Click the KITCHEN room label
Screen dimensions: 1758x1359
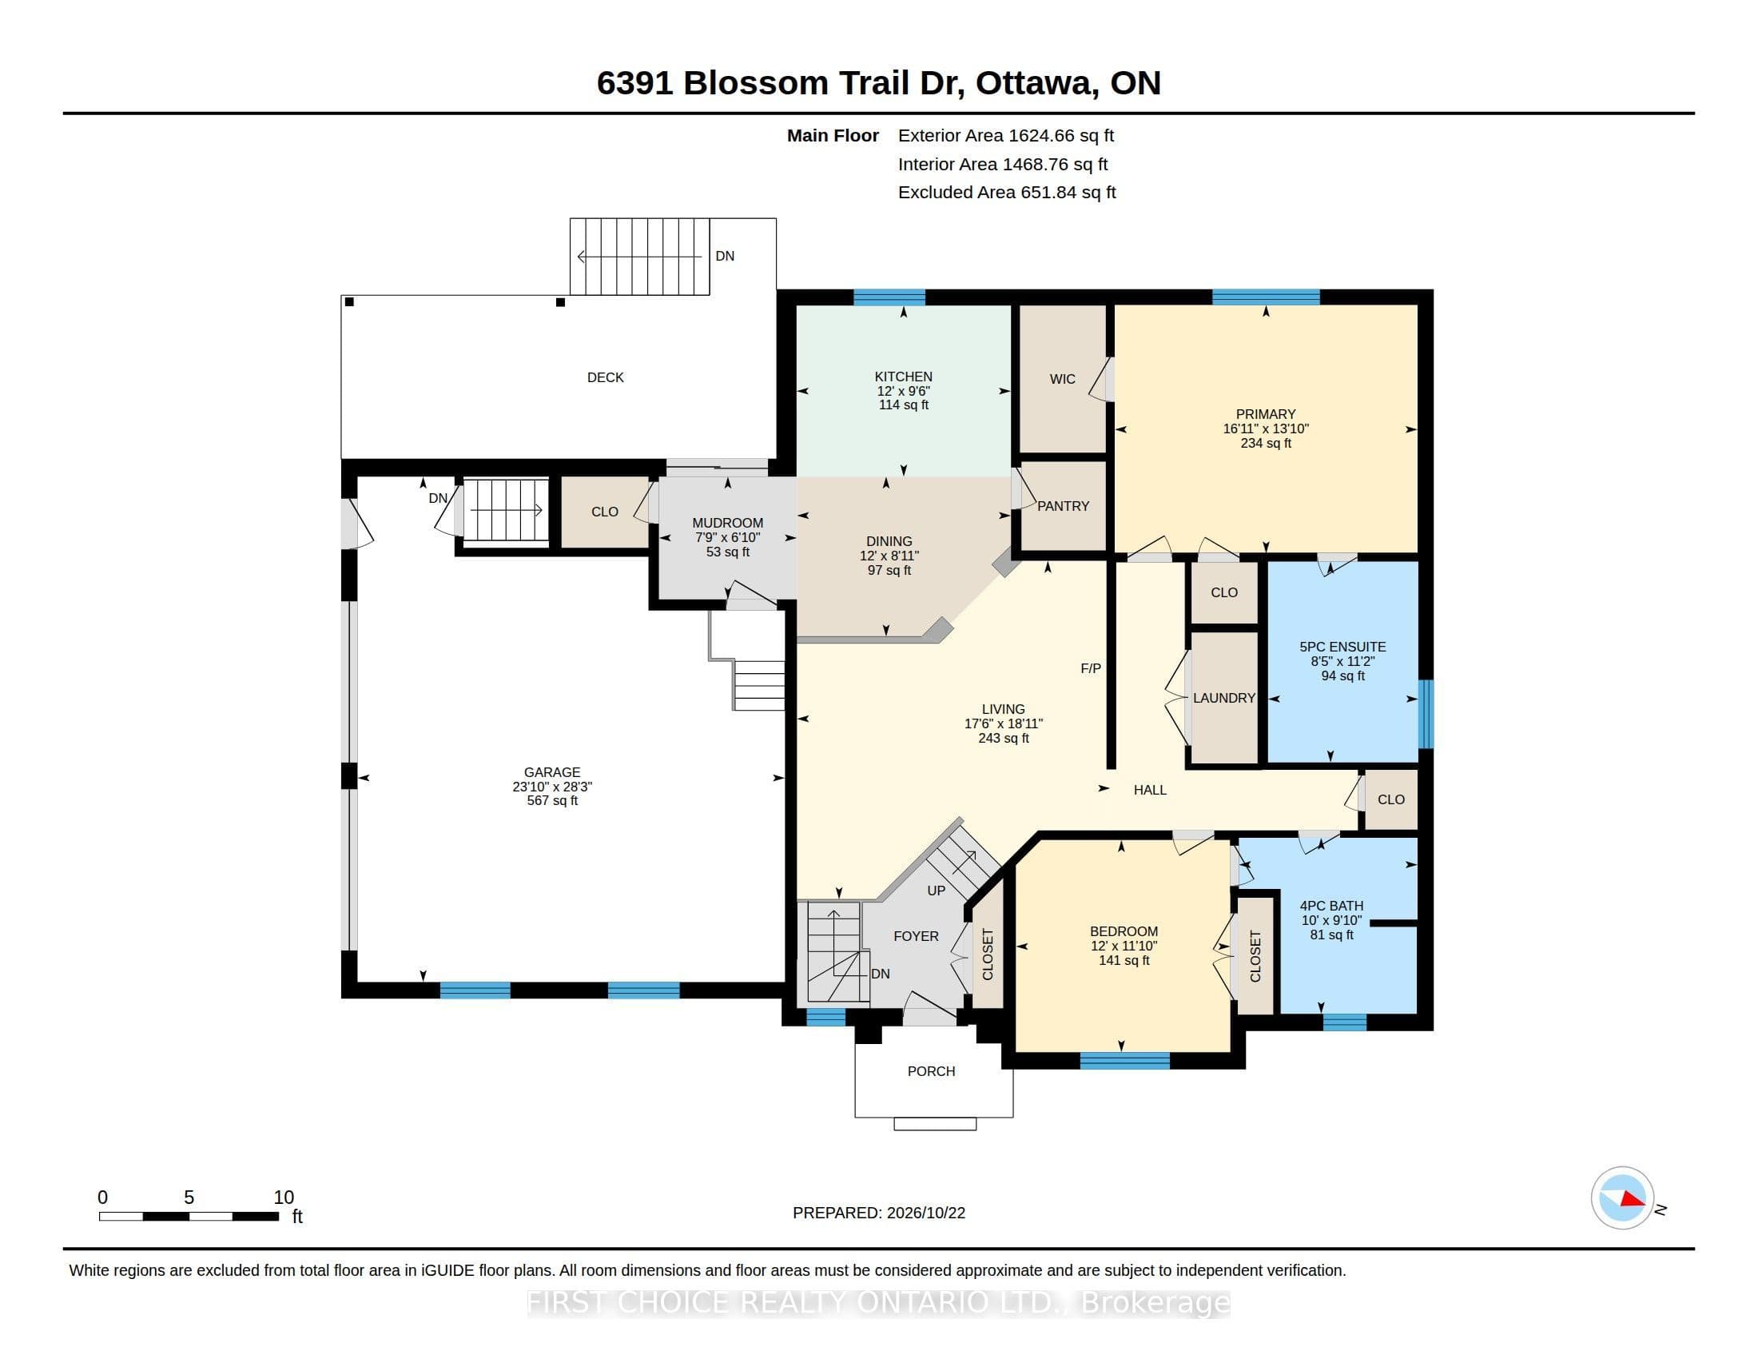click(x=903, y=377)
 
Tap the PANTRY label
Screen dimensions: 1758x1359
click(x=1063, y=506)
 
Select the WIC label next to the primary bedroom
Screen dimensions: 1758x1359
click(x=1063, y=379)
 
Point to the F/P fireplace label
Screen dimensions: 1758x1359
click(x=1091, y=668)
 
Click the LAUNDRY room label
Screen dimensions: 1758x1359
click(x=1223, y=698)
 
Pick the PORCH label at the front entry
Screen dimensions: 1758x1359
click(x=931, y=1071)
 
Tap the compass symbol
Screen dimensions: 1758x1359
click(x=1623, y=1198)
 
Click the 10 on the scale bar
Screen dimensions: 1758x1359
click(x=284, y=1198)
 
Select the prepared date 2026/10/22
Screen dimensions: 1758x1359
click(x=925, y=1213)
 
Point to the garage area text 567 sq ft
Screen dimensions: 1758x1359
click(x=552, y=801)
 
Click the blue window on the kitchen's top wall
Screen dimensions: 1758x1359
click(x=889, y=297)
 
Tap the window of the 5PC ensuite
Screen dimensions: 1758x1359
click(x=1425, y=714)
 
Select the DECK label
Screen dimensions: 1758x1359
click(x=606, y=377)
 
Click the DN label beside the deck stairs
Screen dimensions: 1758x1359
click(x=725, y=256)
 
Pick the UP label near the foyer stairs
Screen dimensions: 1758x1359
click(x=937, y=891)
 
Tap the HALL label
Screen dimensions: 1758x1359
click(x=1149, y=791)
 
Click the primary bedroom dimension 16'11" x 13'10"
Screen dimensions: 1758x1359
click(x=1266, y=429)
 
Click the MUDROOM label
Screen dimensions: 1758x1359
click(x=728, y=524)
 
